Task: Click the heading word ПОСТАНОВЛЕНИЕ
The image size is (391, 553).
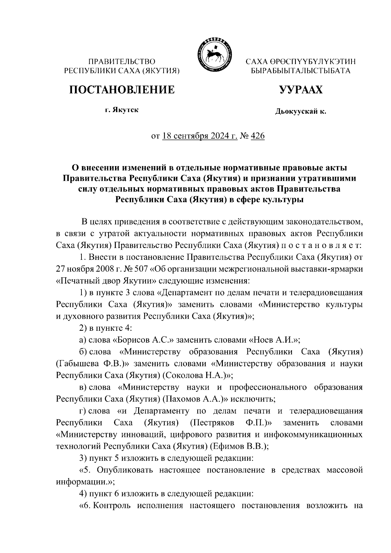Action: pos(122,89)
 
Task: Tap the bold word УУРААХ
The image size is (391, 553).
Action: pos(300,89)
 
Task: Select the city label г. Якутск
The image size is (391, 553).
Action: pos(122,110)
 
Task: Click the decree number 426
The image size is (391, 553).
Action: pos(258,136)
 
